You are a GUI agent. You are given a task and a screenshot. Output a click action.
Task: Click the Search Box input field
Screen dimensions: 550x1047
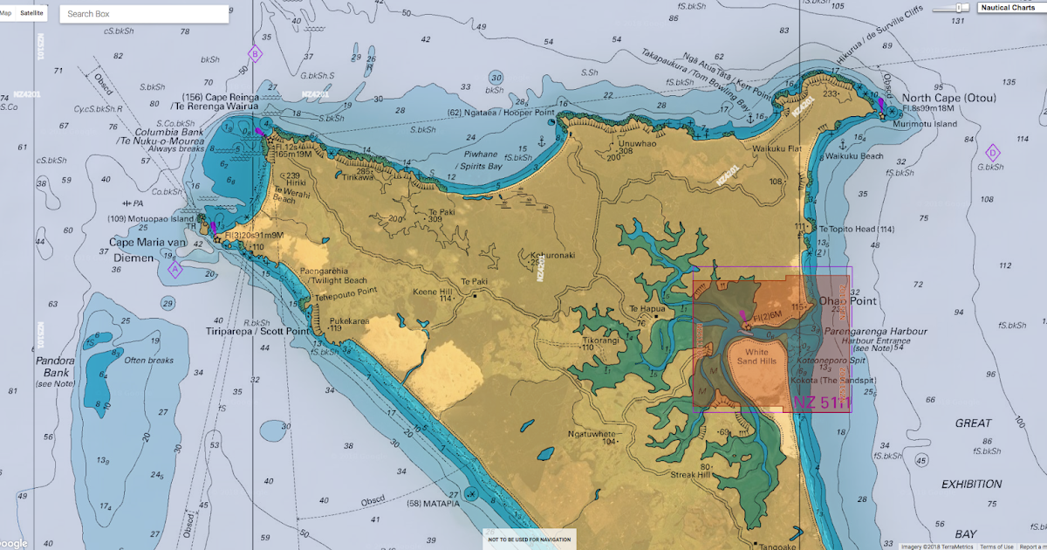(144, 14)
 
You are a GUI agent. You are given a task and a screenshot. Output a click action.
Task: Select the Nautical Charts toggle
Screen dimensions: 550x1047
(1007, 8)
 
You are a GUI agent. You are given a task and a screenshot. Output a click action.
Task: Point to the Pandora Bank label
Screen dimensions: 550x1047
(56, 367)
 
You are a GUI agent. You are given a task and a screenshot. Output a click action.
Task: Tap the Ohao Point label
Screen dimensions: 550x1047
(846, 301)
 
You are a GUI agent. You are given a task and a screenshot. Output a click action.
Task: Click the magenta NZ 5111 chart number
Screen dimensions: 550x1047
(820, 402)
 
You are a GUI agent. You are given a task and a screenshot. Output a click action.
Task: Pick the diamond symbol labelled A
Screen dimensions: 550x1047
(174, 269)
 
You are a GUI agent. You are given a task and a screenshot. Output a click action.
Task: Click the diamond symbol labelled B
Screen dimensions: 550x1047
(255, 54)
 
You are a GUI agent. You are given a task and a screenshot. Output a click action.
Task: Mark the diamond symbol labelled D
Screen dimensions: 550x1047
(992, 153)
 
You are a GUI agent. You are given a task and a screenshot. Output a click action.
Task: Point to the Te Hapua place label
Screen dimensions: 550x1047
(647, 308)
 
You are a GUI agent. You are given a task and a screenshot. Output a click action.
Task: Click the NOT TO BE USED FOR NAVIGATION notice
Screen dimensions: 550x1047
(530, 540)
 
